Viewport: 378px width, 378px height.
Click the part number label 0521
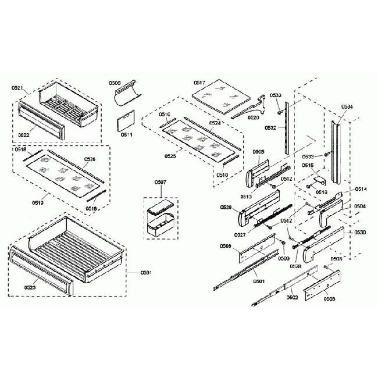[x=17, y=88]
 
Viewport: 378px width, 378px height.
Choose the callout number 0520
[x=254, y=117]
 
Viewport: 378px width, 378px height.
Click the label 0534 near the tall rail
[x=347, y=107]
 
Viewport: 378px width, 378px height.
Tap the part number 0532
[x=270, y=127]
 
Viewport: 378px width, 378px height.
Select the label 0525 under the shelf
[x=170, y=156]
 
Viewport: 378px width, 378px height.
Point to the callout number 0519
[x=39, y=203]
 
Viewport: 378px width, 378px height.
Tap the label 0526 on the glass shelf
[x=90, y=159]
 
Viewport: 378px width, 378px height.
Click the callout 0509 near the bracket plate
[x=226, y=247]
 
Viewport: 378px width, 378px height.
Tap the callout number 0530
[x=360, y=232]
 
